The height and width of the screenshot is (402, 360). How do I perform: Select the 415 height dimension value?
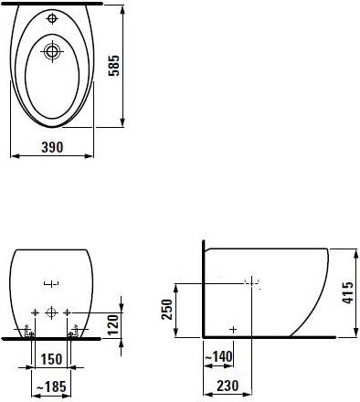click(348, 291)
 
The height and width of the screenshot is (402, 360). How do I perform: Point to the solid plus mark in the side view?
click(234, 327)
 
